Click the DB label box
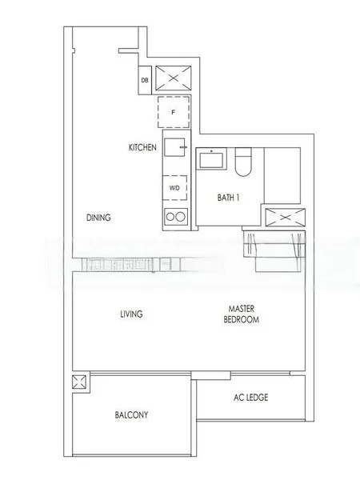click(145, 79)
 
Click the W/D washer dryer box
click(174, 188)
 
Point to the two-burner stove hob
click(174, 216)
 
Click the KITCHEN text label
click(142, 148)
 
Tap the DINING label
click(98, 218)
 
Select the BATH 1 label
click(229, 197)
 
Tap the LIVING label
click(130, 314)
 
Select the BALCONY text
click(131, 415)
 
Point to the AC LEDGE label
click(250, 398)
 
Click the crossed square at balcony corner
click(79, 383)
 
